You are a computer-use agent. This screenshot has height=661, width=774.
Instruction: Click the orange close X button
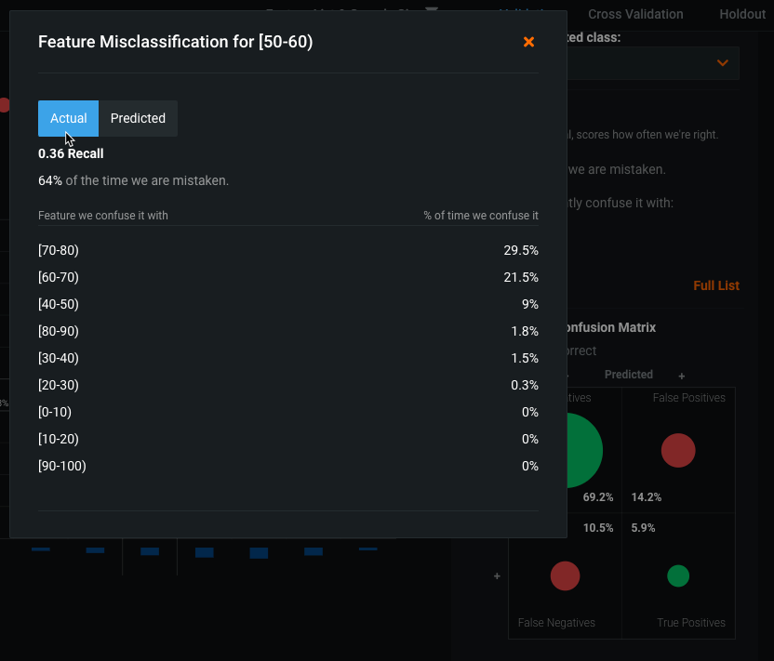pos(528,42)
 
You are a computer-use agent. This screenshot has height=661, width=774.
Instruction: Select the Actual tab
pos(68,118)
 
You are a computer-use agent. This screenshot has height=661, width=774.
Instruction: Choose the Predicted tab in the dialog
pos(138,118)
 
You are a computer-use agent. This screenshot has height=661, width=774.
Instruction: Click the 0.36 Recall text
pos(71,153)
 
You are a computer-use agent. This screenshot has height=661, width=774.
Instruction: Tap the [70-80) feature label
pos(59,250)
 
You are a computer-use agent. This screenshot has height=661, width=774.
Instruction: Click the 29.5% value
pos(521,250)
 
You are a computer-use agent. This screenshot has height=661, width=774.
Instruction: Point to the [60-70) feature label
pos(59,277)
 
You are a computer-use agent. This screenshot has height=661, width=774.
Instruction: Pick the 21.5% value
pos(521,277)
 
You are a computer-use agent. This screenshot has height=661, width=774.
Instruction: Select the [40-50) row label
pos(59,304)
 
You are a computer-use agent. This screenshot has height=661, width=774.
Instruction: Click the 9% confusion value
pos(529,304)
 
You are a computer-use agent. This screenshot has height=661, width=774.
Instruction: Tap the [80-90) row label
pos(59,331)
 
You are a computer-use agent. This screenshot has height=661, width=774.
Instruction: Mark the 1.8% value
pos(525,331)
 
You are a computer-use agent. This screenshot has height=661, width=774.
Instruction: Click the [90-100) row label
pos(62,466)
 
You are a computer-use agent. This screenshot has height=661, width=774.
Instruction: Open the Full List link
pos(716,285)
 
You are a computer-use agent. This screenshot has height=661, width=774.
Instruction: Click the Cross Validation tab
pos(635,14)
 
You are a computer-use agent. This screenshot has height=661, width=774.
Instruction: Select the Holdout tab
pos(741,14)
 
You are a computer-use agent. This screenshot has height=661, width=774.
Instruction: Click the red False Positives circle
pos(678,450)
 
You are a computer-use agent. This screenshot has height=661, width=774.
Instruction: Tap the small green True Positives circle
pos(678,576)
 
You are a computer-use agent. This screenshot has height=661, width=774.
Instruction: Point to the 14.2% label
pos(646,497)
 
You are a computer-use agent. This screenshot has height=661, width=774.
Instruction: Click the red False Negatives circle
pos(565,576)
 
